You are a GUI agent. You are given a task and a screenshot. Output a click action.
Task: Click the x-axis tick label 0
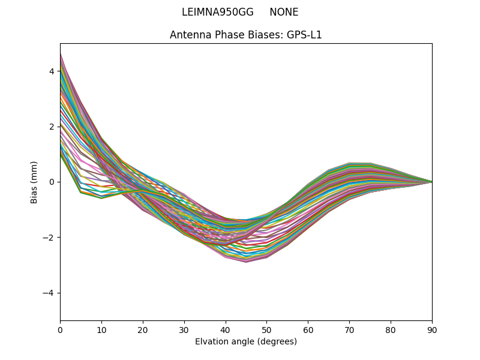pos(60,329)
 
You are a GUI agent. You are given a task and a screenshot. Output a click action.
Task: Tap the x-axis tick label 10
pos(101,329)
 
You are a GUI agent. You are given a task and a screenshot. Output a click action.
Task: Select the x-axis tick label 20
pos(143,329)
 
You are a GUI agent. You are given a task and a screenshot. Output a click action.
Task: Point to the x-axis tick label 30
pos(184,329)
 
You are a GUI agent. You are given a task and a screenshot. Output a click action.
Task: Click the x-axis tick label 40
pos(226,329)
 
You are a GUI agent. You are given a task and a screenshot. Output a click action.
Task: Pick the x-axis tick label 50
pos(266,329)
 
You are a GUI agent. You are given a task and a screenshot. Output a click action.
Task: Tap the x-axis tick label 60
pos(308,329)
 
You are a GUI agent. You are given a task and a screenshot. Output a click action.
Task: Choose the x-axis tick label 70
pos(349,329)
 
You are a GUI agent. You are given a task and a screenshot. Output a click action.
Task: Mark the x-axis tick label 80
pos(391,329)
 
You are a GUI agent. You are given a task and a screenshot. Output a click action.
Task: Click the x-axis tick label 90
pos(432,329)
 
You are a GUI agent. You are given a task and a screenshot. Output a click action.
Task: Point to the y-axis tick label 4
pos(52,71)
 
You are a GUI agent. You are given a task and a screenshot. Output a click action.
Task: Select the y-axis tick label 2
pos(52,127)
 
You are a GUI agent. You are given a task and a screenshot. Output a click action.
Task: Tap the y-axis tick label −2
pos(49,238)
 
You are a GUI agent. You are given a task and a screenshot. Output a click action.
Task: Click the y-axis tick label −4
pos(49,293)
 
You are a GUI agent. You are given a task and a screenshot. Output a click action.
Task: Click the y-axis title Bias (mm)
pos(34,182)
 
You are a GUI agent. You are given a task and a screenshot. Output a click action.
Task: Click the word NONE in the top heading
pos(284,12)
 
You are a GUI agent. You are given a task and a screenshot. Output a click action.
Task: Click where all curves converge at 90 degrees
pos(431,182)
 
